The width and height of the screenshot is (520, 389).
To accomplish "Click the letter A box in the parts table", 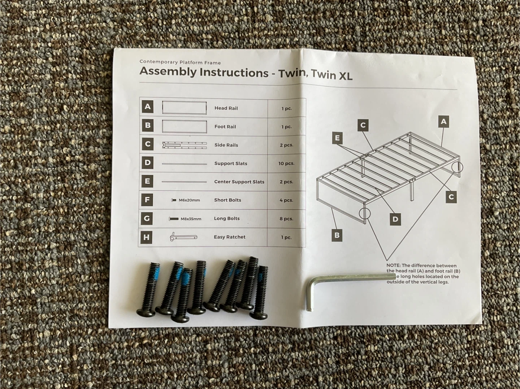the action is coord(148,106).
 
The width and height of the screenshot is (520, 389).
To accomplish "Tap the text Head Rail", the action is coord(226,108).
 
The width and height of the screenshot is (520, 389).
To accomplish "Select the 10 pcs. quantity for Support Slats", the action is coord(286,163).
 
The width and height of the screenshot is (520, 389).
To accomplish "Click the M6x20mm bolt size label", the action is coord(189,200).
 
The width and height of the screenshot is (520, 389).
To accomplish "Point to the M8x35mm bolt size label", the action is coord(191,219).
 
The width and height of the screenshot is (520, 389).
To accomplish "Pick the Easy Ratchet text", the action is coord(230,237).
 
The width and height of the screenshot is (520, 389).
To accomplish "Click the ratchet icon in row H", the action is coord(183,237).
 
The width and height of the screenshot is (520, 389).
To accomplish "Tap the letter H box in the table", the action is coord(146,237).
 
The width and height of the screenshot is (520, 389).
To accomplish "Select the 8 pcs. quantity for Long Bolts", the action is coord(286,219).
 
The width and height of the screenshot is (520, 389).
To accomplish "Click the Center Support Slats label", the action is coord(239,182).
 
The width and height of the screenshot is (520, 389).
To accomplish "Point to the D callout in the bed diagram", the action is coord(395,219).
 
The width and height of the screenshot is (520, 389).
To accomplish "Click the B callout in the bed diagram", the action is coord(337,235).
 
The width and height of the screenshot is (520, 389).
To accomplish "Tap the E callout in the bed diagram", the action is coord(337,138).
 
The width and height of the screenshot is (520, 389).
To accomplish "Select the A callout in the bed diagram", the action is coord(443,122).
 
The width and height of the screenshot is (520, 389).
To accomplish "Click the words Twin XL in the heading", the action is coord(331,75).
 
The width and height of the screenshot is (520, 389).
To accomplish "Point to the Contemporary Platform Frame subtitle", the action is coord(180,62).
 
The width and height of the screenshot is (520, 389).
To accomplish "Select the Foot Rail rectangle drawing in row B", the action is coord(184,127).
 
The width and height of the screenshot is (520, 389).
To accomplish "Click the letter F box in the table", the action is coord(147,200).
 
